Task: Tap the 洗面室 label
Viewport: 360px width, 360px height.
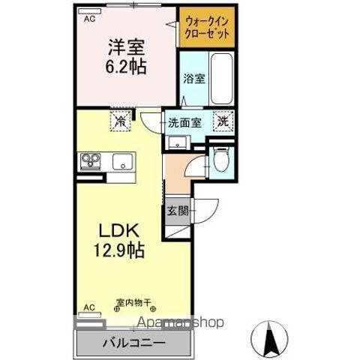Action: point(184,122)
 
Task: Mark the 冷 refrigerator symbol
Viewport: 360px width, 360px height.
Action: point(119,120)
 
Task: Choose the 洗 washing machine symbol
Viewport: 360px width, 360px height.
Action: point(223,120)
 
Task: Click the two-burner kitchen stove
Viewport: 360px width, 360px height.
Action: point(91,160)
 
